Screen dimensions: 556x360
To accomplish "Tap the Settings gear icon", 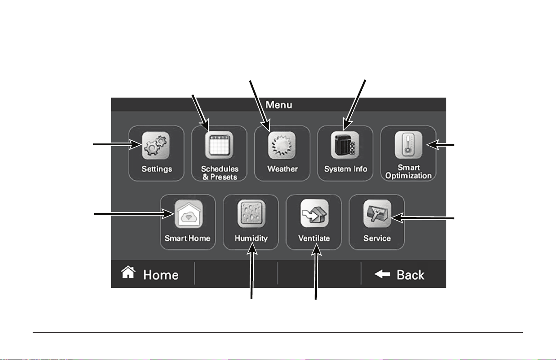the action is [156, 145].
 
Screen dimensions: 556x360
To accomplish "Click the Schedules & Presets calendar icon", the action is [219, 145].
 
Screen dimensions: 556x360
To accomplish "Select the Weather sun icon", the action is [282, 145].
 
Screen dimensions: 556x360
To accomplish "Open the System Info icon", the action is [345, 145].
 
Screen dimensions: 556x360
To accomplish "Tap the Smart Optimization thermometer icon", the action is [408, 145].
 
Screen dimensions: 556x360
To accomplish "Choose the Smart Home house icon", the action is [189, 214].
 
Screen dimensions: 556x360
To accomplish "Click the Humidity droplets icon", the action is [251, 214].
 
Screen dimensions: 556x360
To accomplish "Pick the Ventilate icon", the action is [315, 213].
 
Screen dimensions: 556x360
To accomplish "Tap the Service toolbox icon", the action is [377, 214].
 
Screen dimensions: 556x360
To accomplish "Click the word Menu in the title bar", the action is [279, 104].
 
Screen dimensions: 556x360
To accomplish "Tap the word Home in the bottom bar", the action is [161, 275].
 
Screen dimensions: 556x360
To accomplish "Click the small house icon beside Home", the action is [128, 272].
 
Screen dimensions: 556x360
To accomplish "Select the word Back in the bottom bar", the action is [410, 275].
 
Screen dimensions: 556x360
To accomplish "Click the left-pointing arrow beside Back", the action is [382, 274].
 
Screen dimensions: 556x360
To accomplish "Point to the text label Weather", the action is [282, 169].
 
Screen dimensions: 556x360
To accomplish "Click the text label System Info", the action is [345, 169].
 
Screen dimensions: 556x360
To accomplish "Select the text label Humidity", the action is [251, 238].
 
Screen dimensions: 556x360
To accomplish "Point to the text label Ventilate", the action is [314, 238].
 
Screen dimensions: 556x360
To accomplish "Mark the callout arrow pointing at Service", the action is [423, 218].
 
